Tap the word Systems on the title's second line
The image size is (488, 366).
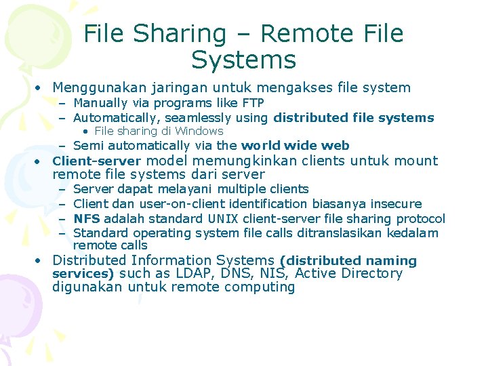tap(244, 60)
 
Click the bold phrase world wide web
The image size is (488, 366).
tap(296, 145)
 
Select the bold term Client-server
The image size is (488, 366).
tap(96, 161)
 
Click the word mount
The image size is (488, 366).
tap(420, 161)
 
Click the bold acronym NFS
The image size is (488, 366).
tap(86, 218)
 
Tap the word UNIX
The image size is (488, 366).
tap(223, 219)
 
